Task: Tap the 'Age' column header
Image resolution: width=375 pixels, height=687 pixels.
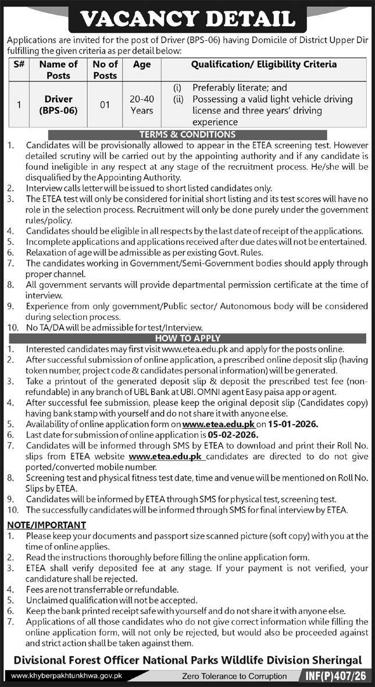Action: [x=142, y=65]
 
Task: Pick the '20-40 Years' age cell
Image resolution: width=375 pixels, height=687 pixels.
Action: [x=142, y=105]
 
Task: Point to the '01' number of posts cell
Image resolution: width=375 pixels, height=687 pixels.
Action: [x=105, y=105]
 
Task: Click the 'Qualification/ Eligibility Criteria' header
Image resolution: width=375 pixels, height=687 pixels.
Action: [x=264, y=65]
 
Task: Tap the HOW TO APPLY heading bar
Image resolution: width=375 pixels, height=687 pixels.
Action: [x=187, y=338]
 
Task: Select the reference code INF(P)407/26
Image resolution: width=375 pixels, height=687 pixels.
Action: [x=336, y=677]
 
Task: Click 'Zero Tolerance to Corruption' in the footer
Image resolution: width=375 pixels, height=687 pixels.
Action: [x=234, y=677]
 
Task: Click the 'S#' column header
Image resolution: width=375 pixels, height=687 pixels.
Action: [x=19, y=65]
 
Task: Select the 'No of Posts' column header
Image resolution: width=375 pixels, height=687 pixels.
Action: [x=105, y=70]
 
